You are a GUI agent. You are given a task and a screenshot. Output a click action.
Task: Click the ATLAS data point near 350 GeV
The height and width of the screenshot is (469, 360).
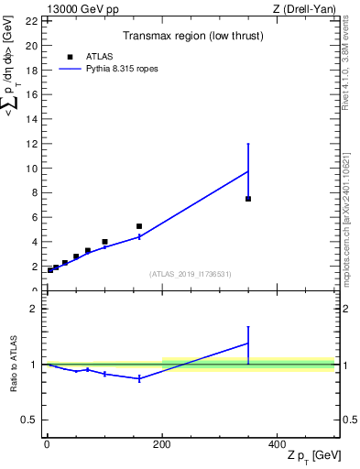248,199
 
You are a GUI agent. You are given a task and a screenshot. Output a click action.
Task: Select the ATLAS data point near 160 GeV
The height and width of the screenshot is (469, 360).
139,226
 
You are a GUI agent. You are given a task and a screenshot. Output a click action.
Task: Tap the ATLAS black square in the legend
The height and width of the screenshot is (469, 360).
70,57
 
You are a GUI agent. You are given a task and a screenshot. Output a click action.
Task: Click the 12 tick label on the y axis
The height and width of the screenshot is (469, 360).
31,144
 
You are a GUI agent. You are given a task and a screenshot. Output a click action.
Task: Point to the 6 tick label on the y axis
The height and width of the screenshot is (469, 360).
35,218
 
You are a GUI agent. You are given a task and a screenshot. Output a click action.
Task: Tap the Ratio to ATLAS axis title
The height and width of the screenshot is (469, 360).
14,364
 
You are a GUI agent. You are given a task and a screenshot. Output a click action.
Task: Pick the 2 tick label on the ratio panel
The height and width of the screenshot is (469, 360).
35,309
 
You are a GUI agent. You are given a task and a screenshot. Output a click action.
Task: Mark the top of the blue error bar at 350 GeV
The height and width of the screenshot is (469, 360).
248,144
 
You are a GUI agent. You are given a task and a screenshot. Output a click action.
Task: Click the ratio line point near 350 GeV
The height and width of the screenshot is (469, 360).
248,344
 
